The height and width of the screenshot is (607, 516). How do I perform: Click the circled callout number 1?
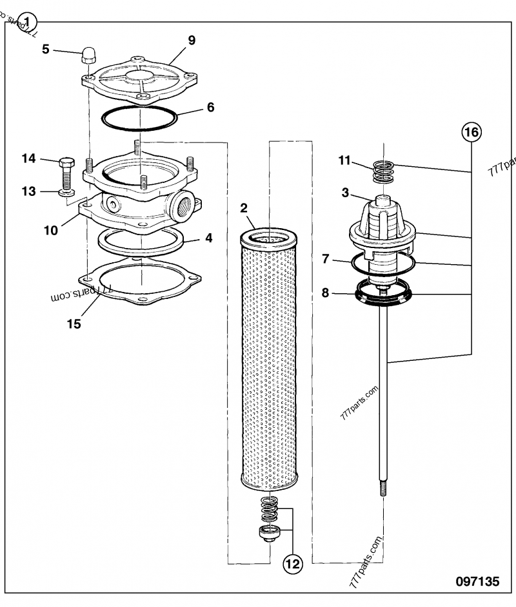click(x=28, y=21)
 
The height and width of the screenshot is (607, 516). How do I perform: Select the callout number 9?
click(x=192, y=40)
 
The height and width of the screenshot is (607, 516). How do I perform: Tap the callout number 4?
click(x=208, y=237)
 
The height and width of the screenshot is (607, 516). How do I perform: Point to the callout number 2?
click(x=244, y=207)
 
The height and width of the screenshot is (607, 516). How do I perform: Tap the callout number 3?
click(x=345, y=193)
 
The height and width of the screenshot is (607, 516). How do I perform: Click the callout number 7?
click(x=326, y=259)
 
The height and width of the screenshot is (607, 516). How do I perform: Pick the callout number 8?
click(x=326, y=293)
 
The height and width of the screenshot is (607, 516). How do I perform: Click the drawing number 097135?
click(x=477, y=582)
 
